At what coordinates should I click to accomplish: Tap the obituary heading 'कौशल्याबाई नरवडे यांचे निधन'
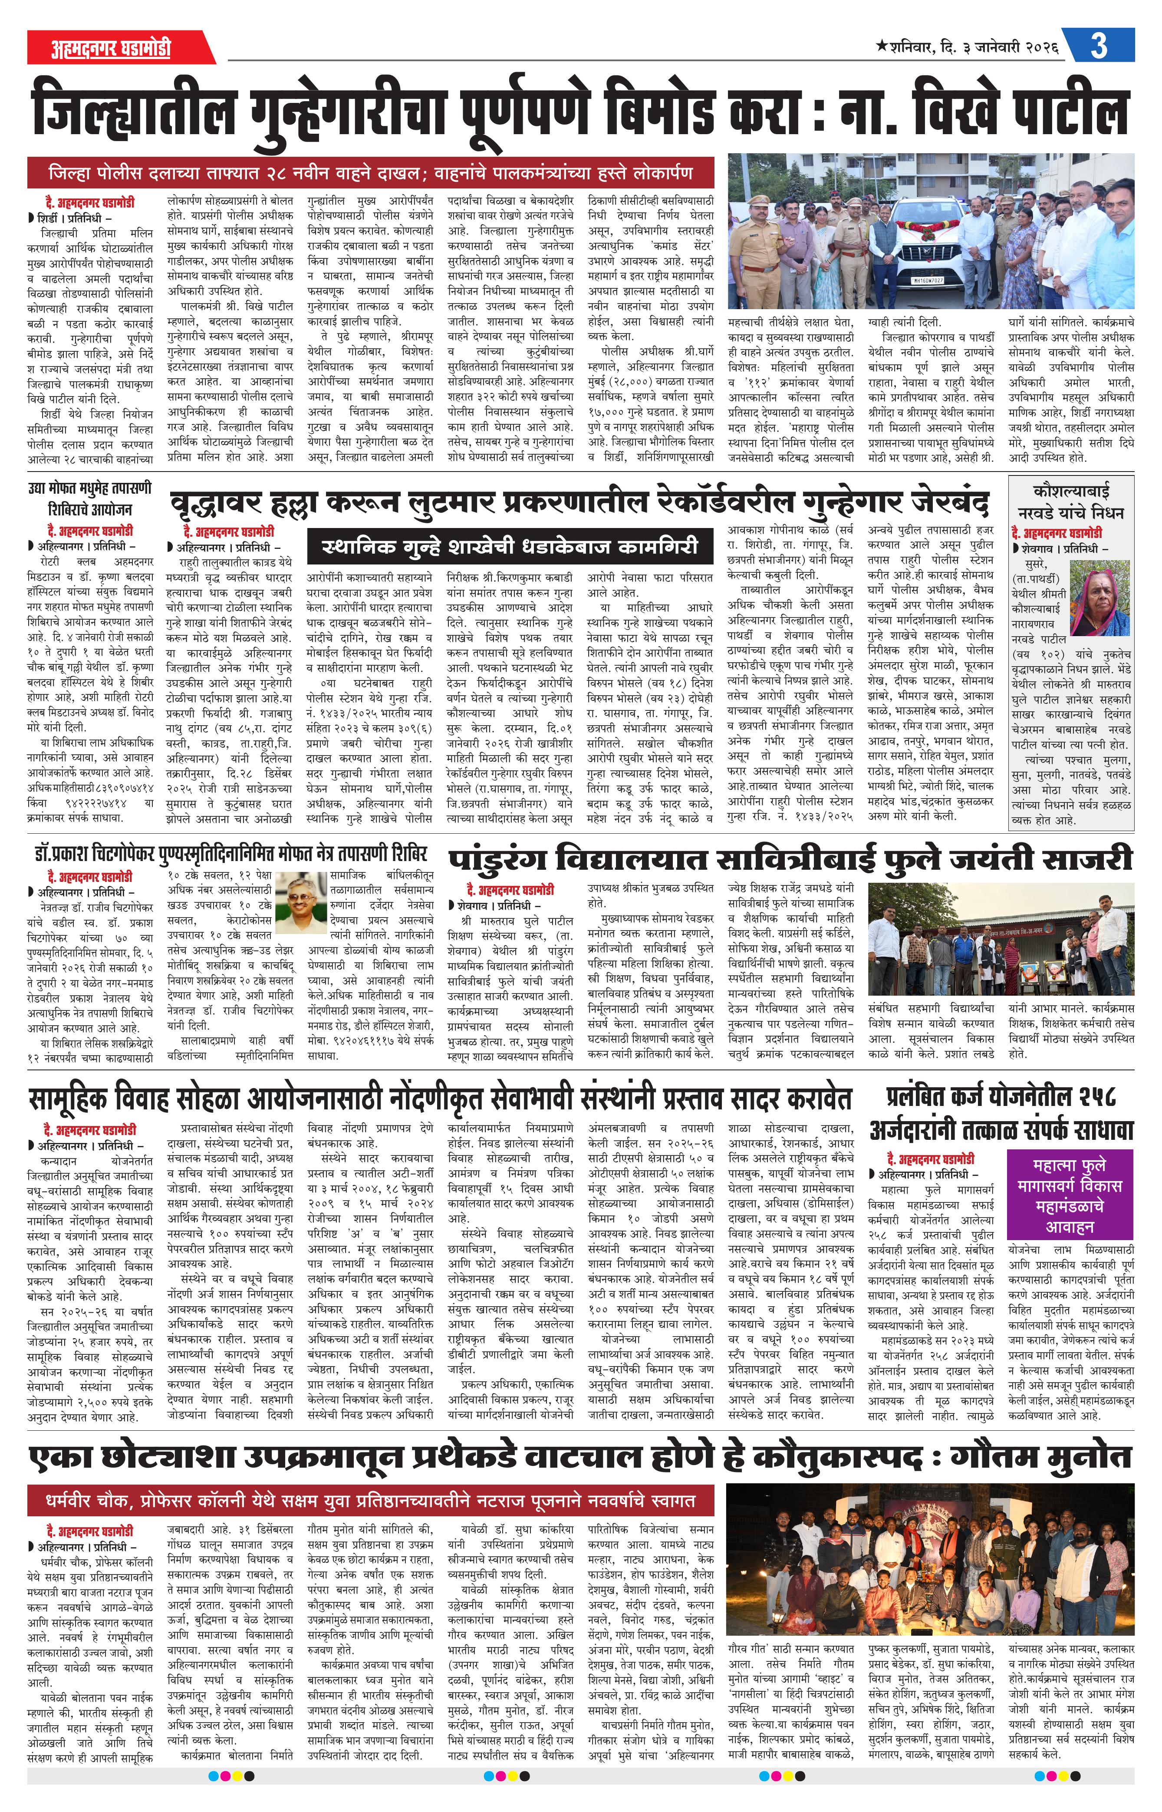click(x=1071, y=500)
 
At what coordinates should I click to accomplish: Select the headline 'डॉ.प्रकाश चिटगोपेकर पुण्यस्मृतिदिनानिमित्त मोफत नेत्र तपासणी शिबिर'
click(x=230, y=854)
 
